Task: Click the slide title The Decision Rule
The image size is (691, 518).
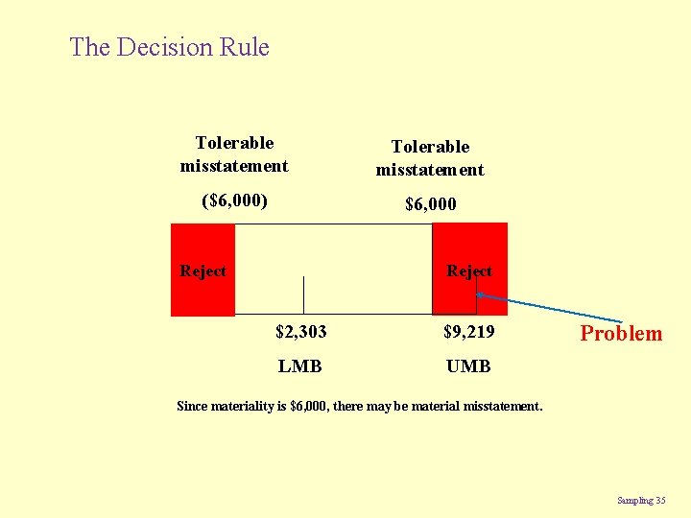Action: tap(170, 47)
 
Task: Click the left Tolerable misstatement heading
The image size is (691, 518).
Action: tap(234, 154)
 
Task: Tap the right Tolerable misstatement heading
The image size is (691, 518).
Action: tap(430, 158)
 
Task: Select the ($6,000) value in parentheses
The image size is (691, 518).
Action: tap(234, 201)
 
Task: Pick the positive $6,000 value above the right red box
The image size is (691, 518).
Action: tap(430, 204)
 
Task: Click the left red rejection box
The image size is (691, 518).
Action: tap(203, 293)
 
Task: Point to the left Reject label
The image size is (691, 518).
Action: tap(203, 271)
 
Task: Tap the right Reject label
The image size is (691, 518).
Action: tap(469, 271)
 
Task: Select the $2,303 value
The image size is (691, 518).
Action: tap(300, 332)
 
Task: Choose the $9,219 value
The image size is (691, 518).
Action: tap(468, 332)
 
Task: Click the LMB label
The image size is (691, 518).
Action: tap(300, 366)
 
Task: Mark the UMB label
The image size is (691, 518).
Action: tap(468, 366)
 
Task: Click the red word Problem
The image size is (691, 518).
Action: tap(621, 334)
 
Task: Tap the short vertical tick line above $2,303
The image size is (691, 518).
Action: tap(303, 294)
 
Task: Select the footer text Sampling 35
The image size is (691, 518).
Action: tap(641, 500)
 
